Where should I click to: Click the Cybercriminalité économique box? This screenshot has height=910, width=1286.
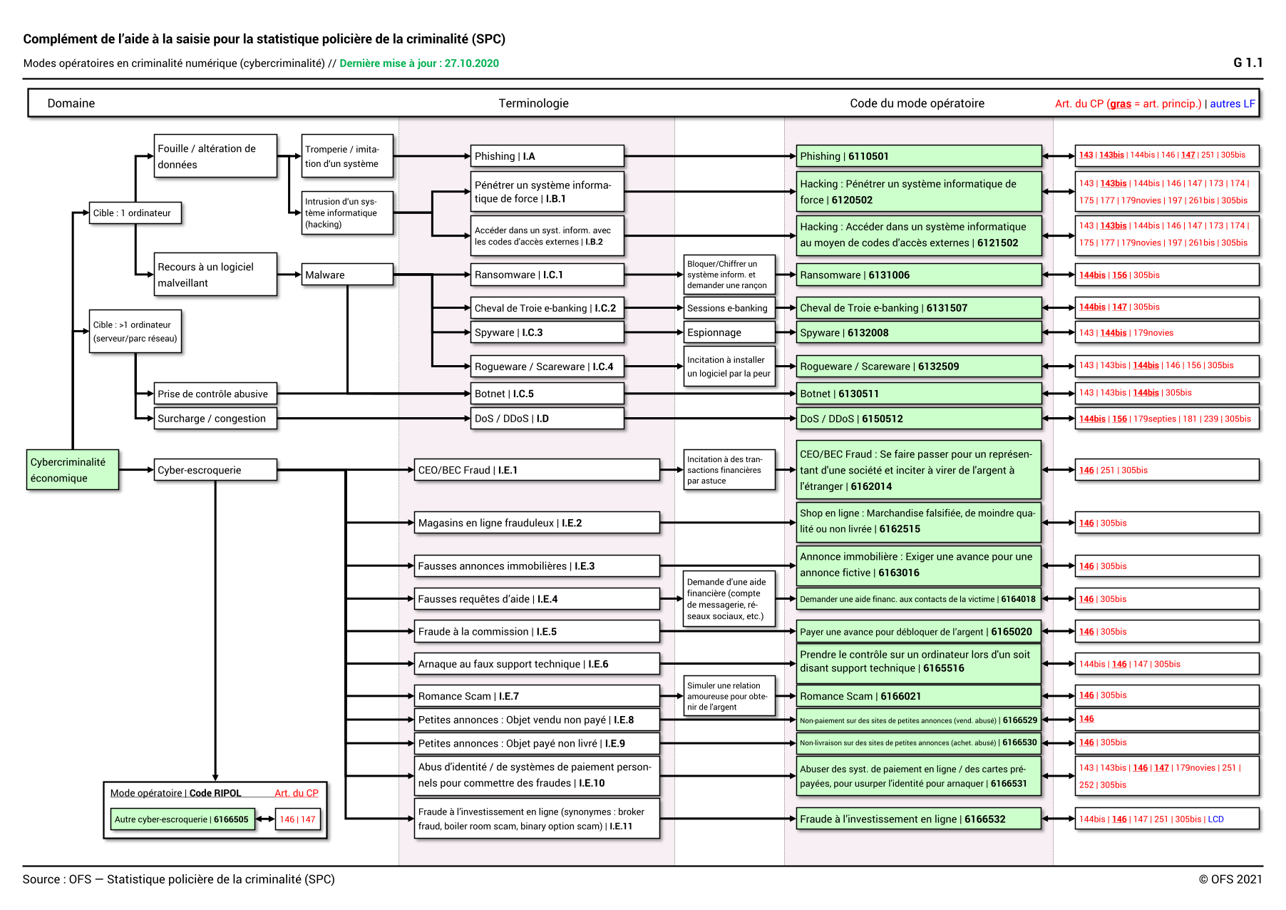pyautogui.click(x=73, y=470)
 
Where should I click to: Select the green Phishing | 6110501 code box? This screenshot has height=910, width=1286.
pyautogui.click(x=918, y=156)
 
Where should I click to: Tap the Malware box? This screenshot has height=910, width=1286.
pyautogui.click(x=347, y=275)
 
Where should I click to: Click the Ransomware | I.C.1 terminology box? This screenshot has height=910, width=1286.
pyautogui.click(x=547, y=275)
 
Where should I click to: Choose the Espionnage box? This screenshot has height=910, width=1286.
pyautogui.click(x=729, y=332)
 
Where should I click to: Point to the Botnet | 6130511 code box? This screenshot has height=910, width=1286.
pyautogui.click(x=918, y=394)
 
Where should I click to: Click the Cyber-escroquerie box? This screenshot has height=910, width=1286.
pyautogui.click(x=215, y=470)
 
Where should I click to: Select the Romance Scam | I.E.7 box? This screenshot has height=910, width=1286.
pyautogui.click(x=537, y=696)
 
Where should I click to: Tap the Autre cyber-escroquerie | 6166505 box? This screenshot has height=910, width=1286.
pyautogui.click(x=182, y=819)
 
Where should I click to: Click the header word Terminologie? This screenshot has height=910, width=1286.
pyautogui.click(x=533, y=103)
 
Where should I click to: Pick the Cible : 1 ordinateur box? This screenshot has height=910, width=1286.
pyautogui.click(x=135, y=213)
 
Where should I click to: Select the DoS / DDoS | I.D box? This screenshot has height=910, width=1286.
pyautogui.click(x=547, y=419)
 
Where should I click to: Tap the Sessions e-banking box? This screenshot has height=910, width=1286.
pyautogui.click(x=729, y=308)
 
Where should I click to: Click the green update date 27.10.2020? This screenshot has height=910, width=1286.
pyautogui.click(x=471, y=63)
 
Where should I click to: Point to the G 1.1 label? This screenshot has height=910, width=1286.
pyautogui.click(x=1248, y=63)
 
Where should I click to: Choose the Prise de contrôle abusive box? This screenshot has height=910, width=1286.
pyautogui.click(x=215, y=394)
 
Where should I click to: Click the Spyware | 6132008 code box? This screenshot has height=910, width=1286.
pyautogui.click(x=918, y=332)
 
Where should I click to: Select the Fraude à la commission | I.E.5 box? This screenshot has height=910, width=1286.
pyautogui.click(x=537, y=632)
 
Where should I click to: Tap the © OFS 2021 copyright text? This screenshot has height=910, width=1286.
pyautogui.click(x=1230, y=879)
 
